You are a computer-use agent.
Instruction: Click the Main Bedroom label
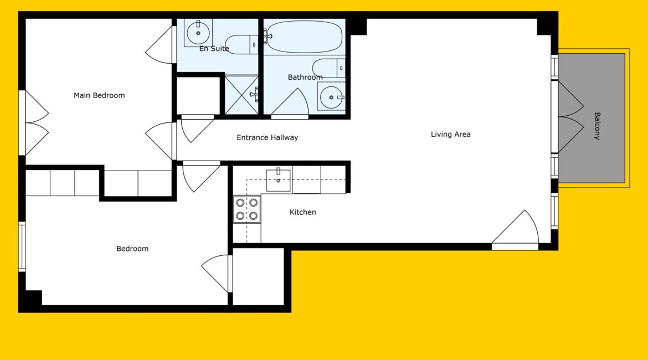[99, 95]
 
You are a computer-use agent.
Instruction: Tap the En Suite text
[214, 49]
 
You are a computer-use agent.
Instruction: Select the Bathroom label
[305, 78]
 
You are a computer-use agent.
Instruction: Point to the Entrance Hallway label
[268, 138]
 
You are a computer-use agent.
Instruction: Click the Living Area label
[450, 135]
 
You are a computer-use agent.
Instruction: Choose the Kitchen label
[302, 213]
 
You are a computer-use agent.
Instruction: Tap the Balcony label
[596, 126]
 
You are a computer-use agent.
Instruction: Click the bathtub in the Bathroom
[304, 37]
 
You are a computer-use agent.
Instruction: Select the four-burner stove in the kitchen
[246, 209]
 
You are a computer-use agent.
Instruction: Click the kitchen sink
[278, 180]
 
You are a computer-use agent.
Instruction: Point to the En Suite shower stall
[241, 95]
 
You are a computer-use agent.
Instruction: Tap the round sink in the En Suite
[198, 33]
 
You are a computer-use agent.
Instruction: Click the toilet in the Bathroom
[328, 68]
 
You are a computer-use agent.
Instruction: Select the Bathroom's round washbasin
[331, 97]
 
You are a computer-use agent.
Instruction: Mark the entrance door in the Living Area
[515, 229]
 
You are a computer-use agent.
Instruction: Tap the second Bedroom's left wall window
[22, 247]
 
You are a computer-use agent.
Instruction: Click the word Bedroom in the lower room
[132, 249]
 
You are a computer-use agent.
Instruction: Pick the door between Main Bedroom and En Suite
[161, 45]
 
